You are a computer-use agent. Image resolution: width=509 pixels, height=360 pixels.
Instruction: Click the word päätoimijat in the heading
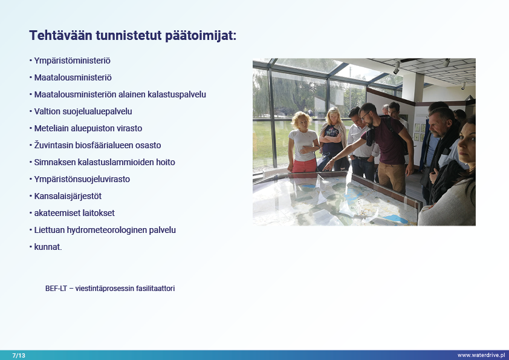coord(201,36)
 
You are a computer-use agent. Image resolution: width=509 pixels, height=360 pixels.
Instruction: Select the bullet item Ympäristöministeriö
coord(72,61)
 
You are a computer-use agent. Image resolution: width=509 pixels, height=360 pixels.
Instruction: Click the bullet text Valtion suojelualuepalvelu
coord(83,111)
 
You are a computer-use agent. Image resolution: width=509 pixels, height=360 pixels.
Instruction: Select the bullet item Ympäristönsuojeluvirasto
coord(82,179)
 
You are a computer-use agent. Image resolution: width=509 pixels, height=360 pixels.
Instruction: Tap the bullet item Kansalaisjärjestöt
coord(68,196)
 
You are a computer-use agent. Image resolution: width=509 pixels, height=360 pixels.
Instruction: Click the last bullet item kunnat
coord(48,247)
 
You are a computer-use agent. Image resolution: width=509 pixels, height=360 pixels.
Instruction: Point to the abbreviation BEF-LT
coord(56,289)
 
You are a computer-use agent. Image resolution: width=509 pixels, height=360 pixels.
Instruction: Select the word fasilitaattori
coord(155,289)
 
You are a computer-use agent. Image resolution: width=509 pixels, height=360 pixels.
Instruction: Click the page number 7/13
coord(19,355)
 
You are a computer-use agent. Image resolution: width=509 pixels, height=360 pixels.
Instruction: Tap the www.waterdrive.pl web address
coord(481,355)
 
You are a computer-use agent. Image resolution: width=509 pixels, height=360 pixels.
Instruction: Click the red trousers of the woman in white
coord(304,166)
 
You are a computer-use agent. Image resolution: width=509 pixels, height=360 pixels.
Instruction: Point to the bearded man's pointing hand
coord(328,165)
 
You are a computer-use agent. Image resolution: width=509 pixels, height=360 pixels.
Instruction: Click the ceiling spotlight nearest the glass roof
coord(397,68)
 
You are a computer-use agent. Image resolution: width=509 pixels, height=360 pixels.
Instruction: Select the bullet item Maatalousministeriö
coord(73,77)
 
